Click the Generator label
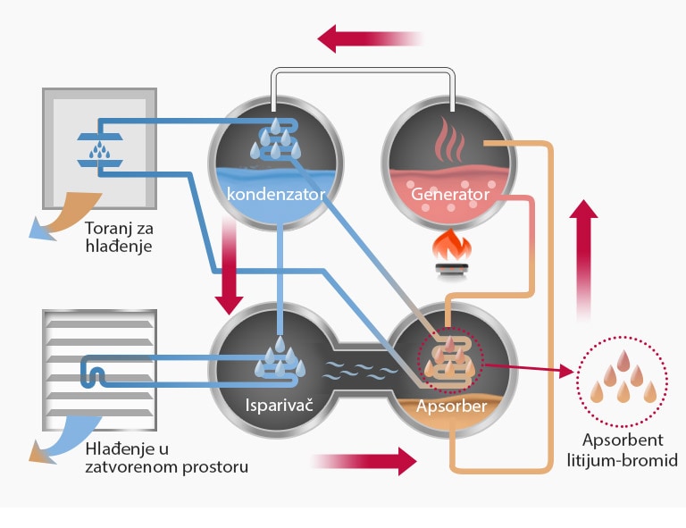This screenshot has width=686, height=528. point(449,194)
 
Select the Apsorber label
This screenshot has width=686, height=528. point(450,407)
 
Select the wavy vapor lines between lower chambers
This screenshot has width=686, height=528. point(355,369)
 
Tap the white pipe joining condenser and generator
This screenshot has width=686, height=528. point(364,73)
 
